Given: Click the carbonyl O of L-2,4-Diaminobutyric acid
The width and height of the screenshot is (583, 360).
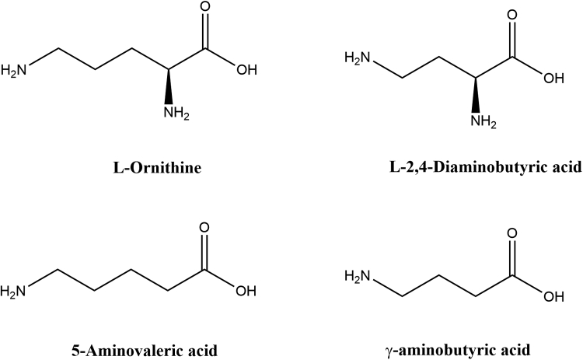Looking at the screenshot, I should [x=511, y=13].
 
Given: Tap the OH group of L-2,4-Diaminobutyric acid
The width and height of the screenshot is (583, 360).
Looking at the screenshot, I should [x=551, y=78].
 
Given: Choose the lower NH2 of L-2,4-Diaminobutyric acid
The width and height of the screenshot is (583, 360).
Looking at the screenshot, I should [x=479, y=121].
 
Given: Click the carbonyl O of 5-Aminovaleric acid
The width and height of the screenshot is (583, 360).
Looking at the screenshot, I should [x=205, y=229].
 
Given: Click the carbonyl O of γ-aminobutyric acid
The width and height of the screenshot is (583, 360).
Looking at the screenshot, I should [x=511, y=232].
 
